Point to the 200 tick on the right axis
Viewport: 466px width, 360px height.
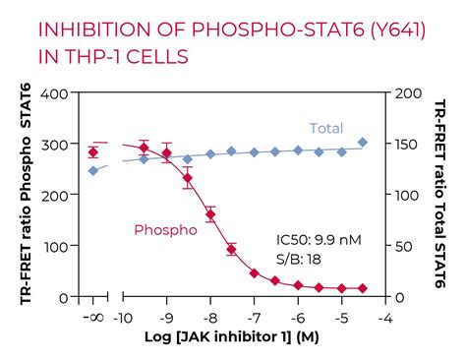click(x=405, y=93)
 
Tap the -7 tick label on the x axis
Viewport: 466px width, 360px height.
click(x=254, y=318)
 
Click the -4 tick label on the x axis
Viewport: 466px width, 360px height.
click(x=385, y=318)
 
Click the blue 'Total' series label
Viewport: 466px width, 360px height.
click(x=325, y=128)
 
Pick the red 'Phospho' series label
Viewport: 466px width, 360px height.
click(x=163, y=230)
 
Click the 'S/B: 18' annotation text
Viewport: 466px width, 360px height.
click(x=302, y=259)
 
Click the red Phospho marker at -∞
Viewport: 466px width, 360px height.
click(x=93, y=151)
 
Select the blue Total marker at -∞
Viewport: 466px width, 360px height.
click(x=93, y=170)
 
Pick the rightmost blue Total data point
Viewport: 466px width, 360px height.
click(x=364, y=143)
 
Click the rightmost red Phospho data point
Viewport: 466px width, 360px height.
click(x=364, y=288)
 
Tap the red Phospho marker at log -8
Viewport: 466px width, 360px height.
click(x=209, y=212)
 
